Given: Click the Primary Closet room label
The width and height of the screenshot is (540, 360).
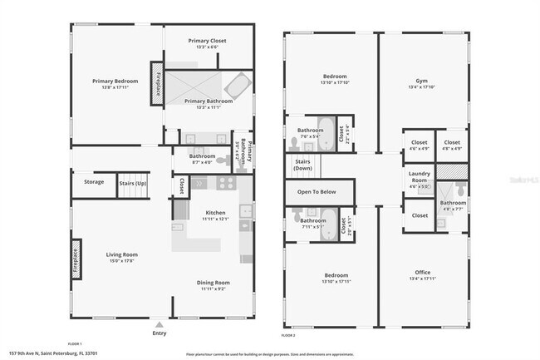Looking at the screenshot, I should (x=207, y=40).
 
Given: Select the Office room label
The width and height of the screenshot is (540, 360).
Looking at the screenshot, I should (x=422, y=272).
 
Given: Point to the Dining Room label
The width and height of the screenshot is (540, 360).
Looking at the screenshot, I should (x=214, y=283).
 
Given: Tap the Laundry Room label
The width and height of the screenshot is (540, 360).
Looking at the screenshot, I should (x=420, y=175).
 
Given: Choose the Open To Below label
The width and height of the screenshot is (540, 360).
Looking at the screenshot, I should (x=317, y=192).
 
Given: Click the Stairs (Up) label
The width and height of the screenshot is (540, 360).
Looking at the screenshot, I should (x=133, y=182).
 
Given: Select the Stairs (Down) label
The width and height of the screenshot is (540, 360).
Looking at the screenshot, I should (x=302, y=165).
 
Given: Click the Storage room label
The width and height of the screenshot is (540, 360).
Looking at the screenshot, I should (x=94, y=182).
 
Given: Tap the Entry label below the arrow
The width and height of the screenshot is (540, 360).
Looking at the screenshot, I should (x=160, y=333).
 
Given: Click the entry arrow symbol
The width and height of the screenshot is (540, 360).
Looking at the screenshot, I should (x=160, y=323).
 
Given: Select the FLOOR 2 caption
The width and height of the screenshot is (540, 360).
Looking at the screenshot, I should (x=288, y=335).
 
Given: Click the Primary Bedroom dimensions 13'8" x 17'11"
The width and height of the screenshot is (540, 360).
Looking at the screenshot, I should (x=115, y=86).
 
